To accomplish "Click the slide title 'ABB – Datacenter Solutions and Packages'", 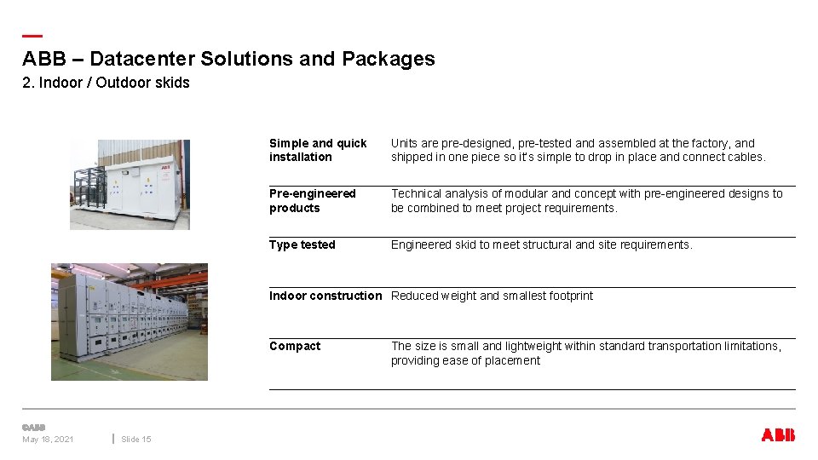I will (x=228, y=59).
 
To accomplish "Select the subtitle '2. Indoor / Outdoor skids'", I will (x=106, y=83).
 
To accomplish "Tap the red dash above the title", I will (x=32, y=36).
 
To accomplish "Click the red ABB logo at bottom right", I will (x=777, y=435).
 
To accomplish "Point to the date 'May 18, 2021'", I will (x=48, y=440).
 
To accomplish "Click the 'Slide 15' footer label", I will (x=135, y=440).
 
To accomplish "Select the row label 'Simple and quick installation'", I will (x=318, y=150).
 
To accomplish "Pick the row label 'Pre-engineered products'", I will (x=312, y=201).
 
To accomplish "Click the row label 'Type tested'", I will (x=302, y=245).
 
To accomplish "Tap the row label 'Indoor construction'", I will (x=325, y=296).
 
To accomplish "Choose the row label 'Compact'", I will (x=295, y=347).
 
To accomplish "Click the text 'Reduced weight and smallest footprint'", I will (x=492, y=296).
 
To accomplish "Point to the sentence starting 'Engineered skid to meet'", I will (x=541, y=245).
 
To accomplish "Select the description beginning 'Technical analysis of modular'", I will (x=586, y=201).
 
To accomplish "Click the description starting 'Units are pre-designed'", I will (x=578, y=150).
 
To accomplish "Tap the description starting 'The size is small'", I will (x=585, y=354).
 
